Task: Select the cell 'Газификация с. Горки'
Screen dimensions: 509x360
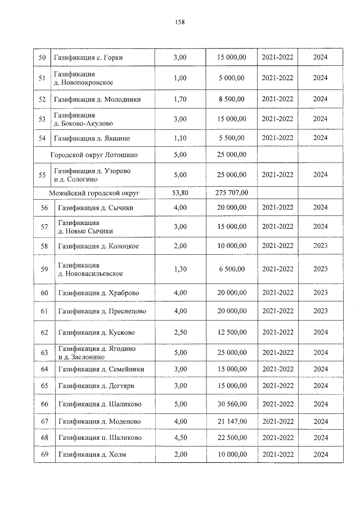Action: (x=88, y=57)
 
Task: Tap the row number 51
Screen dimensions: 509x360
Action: (x=42, y=78)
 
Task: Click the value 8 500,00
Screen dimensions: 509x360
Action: (x=232, y=99)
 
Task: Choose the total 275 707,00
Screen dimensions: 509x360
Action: (x=232, y=193)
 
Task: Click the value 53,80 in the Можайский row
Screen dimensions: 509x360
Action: (x=180, y=193)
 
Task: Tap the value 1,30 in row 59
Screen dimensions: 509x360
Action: (x=180, y=269)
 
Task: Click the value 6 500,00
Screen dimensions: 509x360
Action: (x=232, y=269)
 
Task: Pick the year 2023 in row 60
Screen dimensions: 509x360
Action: (x=320, y=293)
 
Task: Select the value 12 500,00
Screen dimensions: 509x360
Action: (x=232, y=332)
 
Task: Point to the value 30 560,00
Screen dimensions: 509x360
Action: (x=232, y=404)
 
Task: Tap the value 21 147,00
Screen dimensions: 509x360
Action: (x=232, y=421)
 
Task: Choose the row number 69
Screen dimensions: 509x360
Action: (x=44, y=454)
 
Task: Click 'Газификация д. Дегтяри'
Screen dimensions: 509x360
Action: (x=96, y=386)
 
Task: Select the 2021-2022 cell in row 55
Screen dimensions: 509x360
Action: (x=278, y=175)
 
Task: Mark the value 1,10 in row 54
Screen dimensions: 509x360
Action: (x=180, y=138)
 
